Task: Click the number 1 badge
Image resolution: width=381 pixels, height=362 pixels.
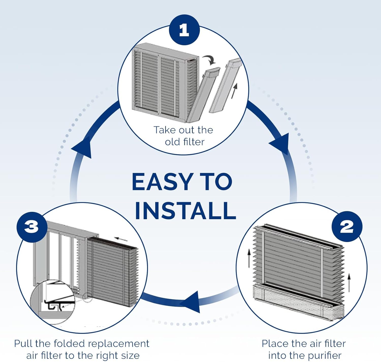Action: click(184, 30)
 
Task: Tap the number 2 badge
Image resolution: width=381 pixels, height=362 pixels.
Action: click(347, 226)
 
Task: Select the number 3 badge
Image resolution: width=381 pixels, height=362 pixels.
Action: click(32, 227)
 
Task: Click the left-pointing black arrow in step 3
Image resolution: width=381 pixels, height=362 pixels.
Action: click(121, 239)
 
